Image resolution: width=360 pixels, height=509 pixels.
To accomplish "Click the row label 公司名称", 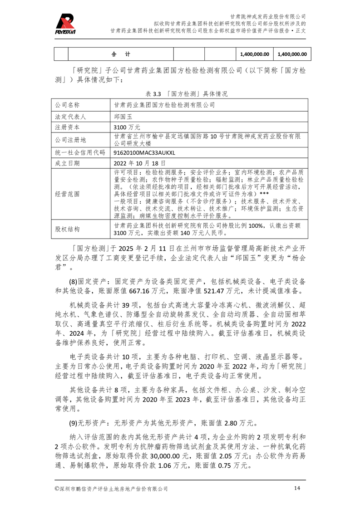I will pyautogui.click(x=67, y=105).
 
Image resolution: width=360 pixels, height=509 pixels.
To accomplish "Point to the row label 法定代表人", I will pyautogui.click(x=70, y=116).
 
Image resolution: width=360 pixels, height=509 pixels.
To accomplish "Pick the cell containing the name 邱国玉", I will pyautogui.click(x=124, y=116).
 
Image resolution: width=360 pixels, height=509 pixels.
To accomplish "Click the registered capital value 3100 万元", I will pyautogui.click(x=128, y=127).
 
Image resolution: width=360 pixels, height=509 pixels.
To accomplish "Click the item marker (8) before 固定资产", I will pyautogui.click(x=74, y=282).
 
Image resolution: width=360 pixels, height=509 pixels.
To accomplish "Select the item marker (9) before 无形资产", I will pyautogui.click(x=74, y=424).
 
